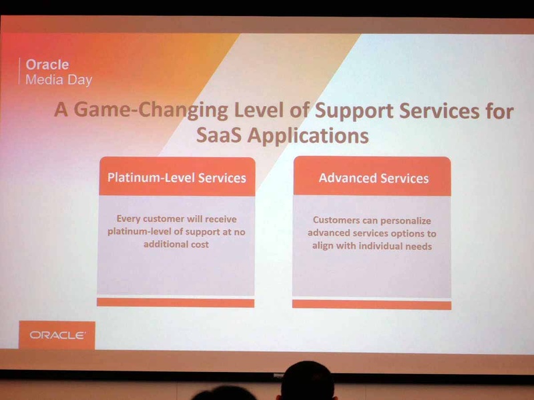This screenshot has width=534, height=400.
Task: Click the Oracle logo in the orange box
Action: [57, 335]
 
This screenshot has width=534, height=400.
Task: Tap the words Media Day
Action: [59, 80]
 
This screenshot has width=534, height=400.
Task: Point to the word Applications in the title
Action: [308, 136]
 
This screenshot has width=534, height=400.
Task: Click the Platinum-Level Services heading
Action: [177, 177]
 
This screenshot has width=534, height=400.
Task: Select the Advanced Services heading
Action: [374, 178]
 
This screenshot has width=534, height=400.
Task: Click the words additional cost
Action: [176, 244]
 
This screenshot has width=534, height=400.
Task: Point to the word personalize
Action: [406, 221]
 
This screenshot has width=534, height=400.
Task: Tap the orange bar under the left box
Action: [176, 303]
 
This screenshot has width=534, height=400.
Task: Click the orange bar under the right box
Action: [372, 305]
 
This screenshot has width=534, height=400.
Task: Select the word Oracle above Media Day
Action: [47, 65]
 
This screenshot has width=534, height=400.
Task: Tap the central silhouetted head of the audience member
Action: [308, 380]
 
